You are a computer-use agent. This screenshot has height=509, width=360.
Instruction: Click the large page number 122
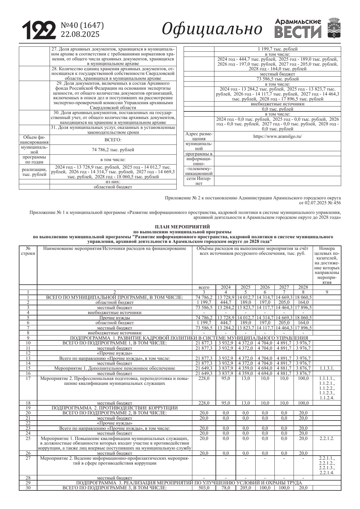click(x=39, y=30)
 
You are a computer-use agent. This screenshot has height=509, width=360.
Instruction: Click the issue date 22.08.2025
click(x=80, y=34)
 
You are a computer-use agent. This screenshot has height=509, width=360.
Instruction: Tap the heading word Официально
click(x=212, y=29)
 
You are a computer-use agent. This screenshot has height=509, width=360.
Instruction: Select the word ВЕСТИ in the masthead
click(x=298, y=32)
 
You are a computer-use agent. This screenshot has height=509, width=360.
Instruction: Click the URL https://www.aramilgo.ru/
click(x=277, y=136)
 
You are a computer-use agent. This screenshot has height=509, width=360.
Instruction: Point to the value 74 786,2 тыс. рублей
click(x=113, y=150)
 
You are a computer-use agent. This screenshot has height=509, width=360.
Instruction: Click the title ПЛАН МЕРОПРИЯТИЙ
click(x=182, y=227)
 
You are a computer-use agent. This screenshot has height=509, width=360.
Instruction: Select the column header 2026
click(x=265, y=287)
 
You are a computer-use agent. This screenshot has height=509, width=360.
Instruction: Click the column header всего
click(x=204, y=287)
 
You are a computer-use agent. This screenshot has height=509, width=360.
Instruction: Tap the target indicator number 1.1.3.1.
click(x=327, y=368)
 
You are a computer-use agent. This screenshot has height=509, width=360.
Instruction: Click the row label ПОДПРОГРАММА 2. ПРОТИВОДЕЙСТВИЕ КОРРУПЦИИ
click(x=115, y=408)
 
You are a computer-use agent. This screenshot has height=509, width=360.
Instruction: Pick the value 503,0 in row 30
click(x=204, y=488)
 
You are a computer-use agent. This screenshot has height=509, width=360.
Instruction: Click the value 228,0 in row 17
click(x=204, y=378)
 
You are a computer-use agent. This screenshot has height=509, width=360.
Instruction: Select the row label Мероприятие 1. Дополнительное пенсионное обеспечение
click(x=115, y=368)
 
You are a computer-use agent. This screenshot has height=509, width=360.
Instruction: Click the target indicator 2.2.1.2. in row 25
click(x=327, y=438)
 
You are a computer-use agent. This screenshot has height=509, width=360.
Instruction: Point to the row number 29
click(x=28, y=483)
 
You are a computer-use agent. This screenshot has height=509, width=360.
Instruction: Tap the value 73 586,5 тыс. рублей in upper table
click(x=277, y=79)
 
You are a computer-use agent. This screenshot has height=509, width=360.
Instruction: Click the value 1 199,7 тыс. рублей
click(x=277, y=49)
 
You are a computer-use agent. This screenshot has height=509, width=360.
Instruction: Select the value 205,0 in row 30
click(x=245, y=488)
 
